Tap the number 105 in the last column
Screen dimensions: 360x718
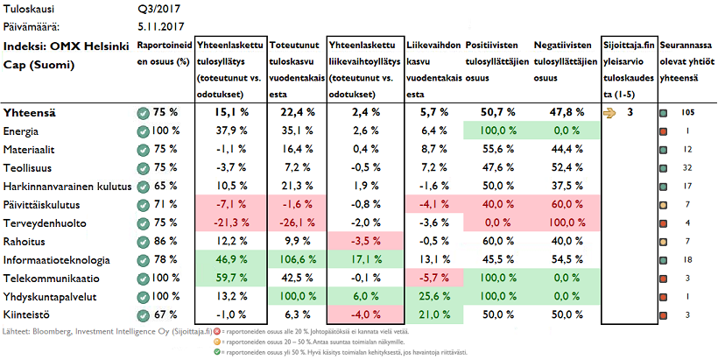pos(687,112)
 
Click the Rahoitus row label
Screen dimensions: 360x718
pos(25,241)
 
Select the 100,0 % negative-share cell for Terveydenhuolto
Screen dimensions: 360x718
pos(567,222)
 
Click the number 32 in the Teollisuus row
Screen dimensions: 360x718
pos(687,167)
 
